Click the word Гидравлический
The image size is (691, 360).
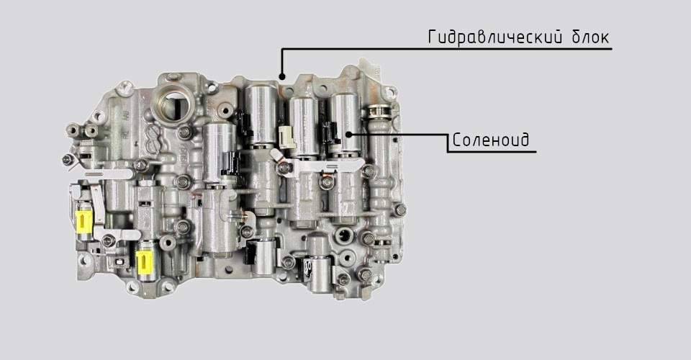[x=495, y=37]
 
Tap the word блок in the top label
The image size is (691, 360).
[x=591, y=37]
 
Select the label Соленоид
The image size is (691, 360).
[x=490, y=140]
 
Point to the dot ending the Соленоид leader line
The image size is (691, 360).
[x=348, y=134]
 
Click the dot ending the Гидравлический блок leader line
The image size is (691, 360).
[x=282, y=76]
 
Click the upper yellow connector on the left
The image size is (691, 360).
[x=83, y=221]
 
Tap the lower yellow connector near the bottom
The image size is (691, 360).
[x=144, y=262]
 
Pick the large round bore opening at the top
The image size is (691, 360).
[x=173, y=104]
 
